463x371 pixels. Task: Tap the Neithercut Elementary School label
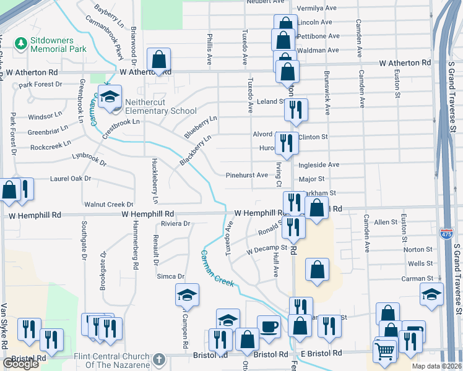pos(160,106)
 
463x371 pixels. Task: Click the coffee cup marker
pos(269,326)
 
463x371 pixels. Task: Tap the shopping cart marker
pos(385,351)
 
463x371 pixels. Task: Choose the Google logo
pos(21,363)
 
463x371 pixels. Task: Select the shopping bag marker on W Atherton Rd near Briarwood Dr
pos(159,61)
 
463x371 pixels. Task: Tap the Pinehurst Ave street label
pos(246,175)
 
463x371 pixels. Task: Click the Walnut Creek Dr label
pos(109,204)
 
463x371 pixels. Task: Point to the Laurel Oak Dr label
pos(71,179)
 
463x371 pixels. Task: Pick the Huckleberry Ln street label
pos(155,181)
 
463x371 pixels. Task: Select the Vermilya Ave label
pos(318,9)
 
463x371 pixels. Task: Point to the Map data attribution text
pos(436,366)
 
